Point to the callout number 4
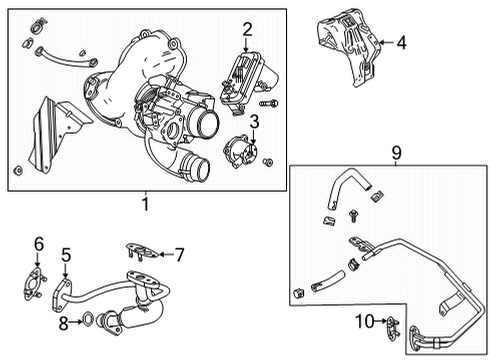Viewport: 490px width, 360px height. (x=400, y=42)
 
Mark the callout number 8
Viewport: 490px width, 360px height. (x=63, y=322)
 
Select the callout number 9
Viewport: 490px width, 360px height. (x=396, y=152)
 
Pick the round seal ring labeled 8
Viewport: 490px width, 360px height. (x=89, y=322)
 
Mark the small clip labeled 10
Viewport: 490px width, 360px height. (x=391, y=325)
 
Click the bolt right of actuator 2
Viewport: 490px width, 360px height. (x=267, y=103)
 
